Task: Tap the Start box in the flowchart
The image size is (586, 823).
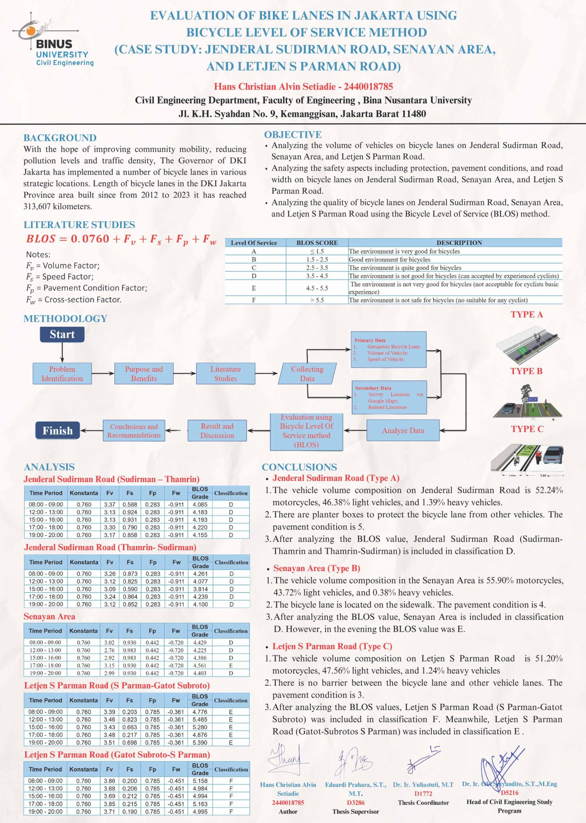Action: (x=62, y=334)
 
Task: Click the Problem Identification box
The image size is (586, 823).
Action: (x=62, y=374)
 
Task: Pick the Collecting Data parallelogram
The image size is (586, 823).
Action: (x=307, y=374)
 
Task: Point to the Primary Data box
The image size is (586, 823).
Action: (x=388, y=350)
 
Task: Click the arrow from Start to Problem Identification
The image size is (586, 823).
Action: (x=62, y=352)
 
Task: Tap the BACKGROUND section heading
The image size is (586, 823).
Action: (x=60, y=138)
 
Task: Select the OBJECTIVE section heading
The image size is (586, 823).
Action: (x=293, y=135)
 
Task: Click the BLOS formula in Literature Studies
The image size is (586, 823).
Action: (x=121, y=239)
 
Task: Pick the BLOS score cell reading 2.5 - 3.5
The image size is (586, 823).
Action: (x=317, y=268)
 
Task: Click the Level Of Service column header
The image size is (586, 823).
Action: (x=254, y=243)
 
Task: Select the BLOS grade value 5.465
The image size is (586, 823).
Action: (x=200, y=720)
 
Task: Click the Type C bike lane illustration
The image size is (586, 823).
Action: (x=527, y=459)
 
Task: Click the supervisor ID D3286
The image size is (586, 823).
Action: (x=356, y=803)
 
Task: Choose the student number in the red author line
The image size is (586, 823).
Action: (x=368, y=87)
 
